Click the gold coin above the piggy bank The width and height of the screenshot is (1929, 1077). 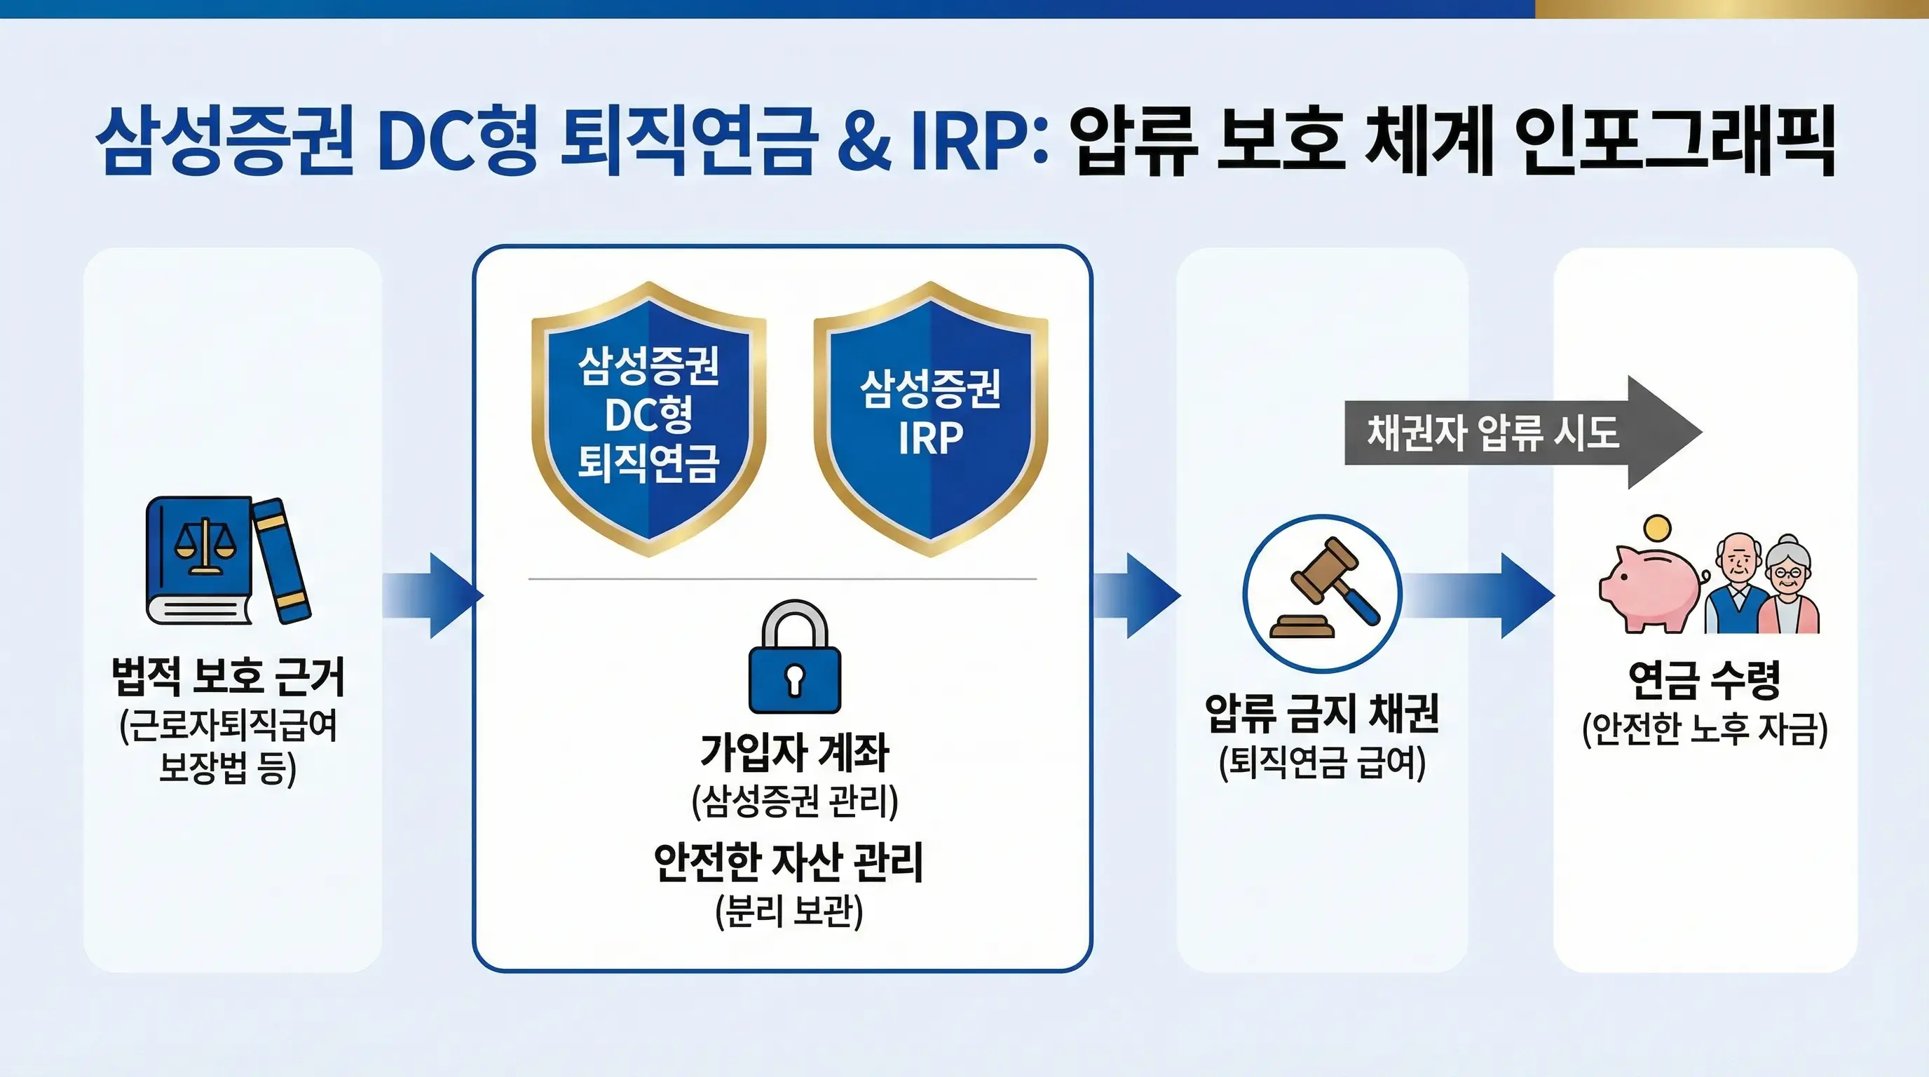point(1658,529)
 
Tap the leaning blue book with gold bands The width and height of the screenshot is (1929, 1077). point(281,560)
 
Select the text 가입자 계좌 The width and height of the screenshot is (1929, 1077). point(794,752)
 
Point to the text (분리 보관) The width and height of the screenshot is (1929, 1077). point(789,911)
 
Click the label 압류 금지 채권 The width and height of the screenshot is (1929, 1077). point(1322,712)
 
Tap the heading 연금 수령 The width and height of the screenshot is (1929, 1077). point(1703,679)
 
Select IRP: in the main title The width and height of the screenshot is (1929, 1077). point(977,142)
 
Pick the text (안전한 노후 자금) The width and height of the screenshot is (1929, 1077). point(1705,729)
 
